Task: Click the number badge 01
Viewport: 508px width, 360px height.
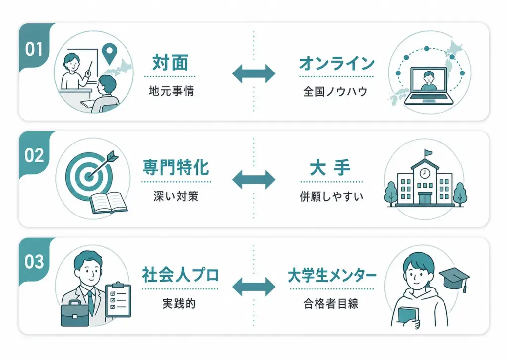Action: (x=34, y=49)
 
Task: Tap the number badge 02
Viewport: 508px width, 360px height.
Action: (x=34, y=156)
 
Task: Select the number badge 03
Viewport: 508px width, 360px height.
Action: (x=34, y=262)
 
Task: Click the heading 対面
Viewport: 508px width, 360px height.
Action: (x=170, y=62)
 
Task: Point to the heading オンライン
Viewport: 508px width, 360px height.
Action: (x=337, y=63)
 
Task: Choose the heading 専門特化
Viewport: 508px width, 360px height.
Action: (x=176, y=167)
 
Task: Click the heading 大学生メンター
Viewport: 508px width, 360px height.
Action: (x=332, y=275)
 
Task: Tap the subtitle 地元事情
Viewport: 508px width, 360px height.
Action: (x=171, y=91)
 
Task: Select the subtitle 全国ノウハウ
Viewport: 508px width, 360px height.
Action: (x=335, y=92)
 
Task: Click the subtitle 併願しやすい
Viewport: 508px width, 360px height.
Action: (x=331, y=196)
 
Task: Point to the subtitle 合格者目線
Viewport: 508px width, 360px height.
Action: (x=331, y=303)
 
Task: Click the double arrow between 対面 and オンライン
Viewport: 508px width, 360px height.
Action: (x=254, y=73)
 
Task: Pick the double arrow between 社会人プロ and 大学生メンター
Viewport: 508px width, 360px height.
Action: (x=254, y=287)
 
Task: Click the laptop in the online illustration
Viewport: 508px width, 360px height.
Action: (x=429, y=86)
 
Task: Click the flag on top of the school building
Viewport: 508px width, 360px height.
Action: (x=428, y=152)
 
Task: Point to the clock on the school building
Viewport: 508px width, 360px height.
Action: (x=425, y=174)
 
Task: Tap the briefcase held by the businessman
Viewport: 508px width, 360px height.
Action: (x=75, y=313)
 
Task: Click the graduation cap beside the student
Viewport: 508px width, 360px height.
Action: (x=454, y=278)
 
